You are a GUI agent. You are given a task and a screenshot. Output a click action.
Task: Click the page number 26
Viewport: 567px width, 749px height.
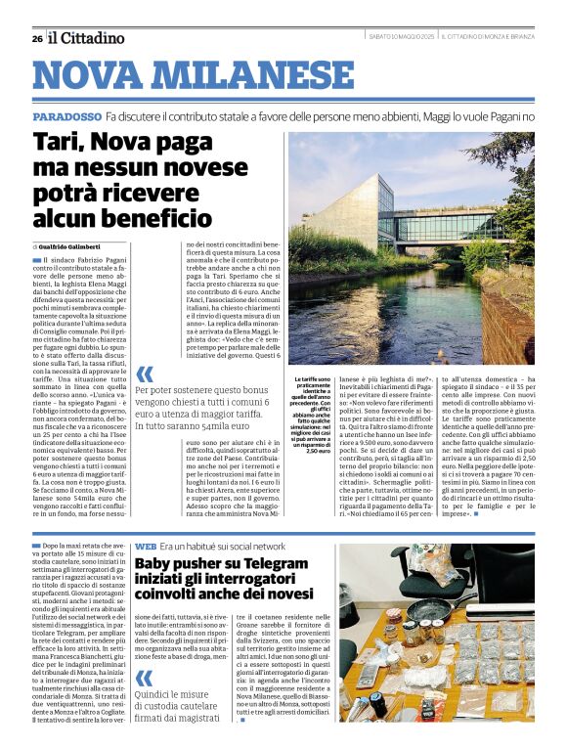(35, 38)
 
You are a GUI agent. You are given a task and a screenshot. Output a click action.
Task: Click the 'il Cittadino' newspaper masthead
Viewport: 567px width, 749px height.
(88, 38)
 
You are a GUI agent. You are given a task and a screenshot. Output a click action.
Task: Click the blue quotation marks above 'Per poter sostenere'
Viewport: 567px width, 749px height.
(145, 374)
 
